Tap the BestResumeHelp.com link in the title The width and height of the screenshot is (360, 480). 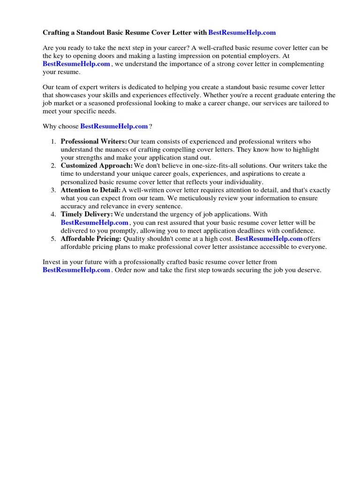(x=242, y=33)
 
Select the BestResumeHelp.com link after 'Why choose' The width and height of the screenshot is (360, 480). (x=114, y=127)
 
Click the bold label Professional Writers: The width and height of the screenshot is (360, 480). (x=94, y=142)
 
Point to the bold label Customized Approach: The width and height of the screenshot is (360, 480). (x=97, y=166)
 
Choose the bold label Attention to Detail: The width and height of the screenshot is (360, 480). (x=91, y=190)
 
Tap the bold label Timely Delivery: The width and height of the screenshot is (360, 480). (x=87, y=215)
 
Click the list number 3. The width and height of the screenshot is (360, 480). (x=53, y=190)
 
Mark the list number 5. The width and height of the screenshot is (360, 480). (x=53, y=239)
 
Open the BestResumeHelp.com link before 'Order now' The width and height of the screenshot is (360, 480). (x=76, y=270)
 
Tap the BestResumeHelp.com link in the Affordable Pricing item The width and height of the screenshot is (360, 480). (x=269, y=239)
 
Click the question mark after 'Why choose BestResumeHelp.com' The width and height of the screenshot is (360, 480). (x=151, y=127)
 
